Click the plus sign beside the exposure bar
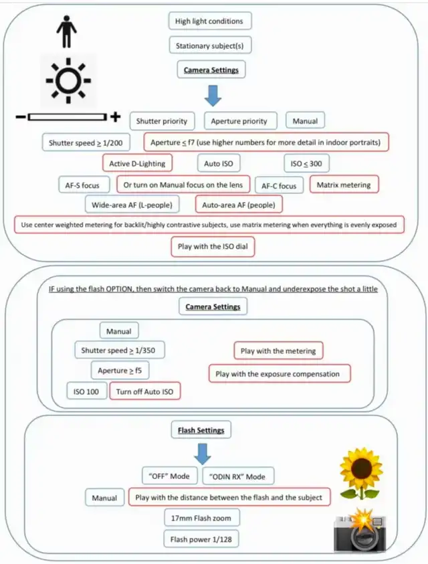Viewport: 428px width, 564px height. tap(116, 118)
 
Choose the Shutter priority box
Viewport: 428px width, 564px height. tap(162, 121)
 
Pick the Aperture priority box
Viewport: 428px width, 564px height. tap(239, 121)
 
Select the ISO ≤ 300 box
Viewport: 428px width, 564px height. tap(306, 163)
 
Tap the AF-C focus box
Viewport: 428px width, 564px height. tap(279, 185)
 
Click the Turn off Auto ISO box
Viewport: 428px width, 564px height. tap(148, 391)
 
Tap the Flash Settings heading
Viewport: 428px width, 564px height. tap(201, 430)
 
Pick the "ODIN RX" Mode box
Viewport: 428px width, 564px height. tap(238, 476)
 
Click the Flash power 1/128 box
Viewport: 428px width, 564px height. tap(201, 539)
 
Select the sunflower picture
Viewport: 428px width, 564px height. tap(361, 472)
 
